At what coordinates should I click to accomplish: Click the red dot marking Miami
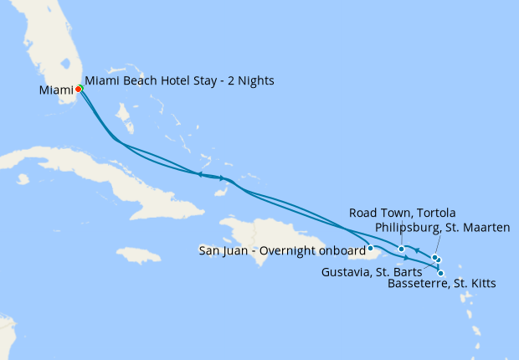click(x=78, y=89)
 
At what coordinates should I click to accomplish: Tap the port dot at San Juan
click(x=370, y=248)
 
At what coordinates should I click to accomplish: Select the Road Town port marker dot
click(x=402, y=249)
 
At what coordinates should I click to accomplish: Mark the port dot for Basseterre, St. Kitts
click(x=441, y=273)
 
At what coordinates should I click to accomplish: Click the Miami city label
click(x=55, y=90)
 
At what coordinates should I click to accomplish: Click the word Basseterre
click(x=415, y=284)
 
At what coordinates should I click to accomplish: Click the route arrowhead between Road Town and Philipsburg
click(x=417, y=251)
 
